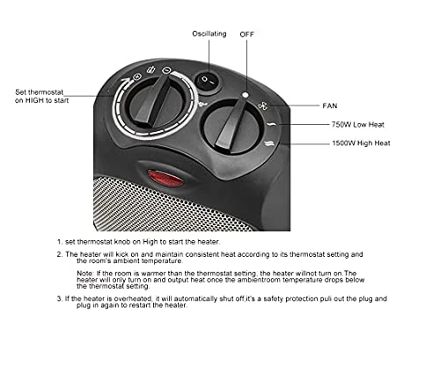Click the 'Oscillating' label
(x=209, y=34)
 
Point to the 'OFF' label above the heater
(x=247, y=34)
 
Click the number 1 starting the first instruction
(x=58, y=240)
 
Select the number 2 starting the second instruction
(x=58, y=254)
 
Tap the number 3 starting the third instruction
(x=58, y=298)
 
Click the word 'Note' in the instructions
(x=84, y=274)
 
